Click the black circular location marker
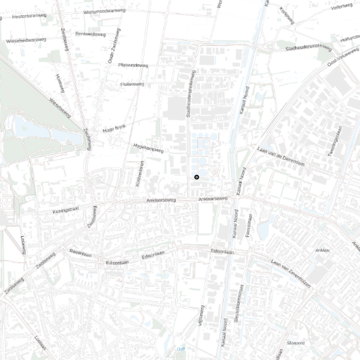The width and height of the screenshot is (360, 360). [196, 176]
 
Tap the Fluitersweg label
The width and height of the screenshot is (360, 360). [132, 84]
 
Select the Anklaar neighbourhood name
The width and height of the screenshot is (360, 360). [323, 251]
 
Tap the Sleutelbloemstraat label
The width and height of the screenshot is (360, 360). [237, 307]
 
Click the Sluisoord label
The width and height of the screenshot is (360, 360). [296, 343]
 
